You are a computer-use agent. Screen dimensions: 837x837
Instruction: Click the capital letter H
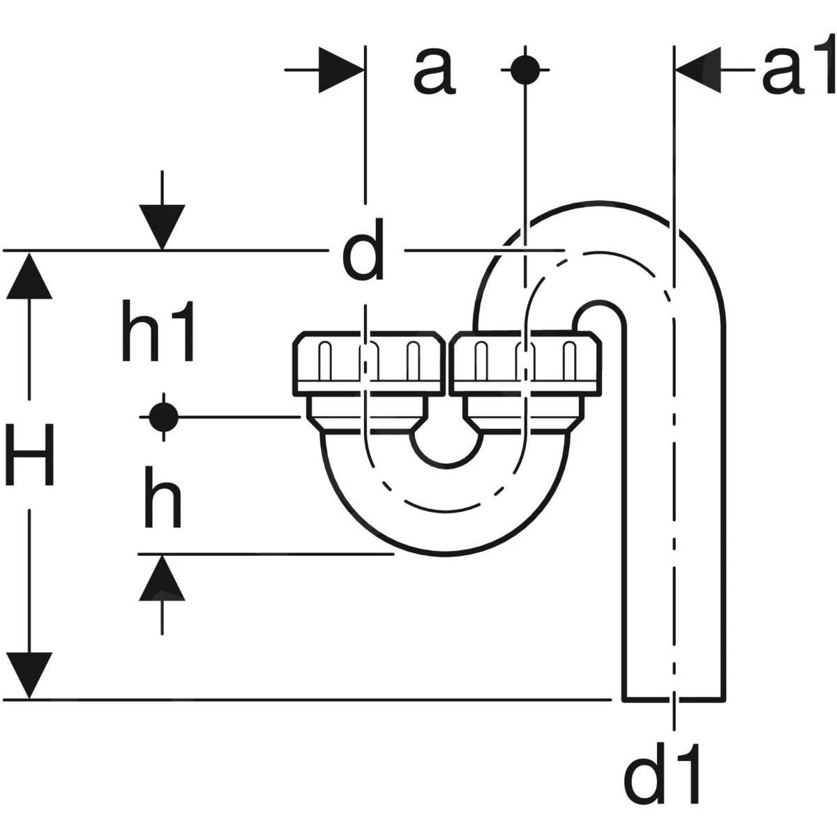tap(29, 455)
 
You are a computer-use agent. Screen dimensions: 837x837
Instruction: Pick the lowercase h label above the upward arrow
tap(162, 497)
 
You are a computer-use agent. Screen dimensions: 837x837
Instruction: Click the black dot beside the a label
tap(525, 70)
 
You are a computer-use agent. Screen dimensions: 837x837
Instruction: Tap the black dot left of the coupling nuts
tap(163, 417)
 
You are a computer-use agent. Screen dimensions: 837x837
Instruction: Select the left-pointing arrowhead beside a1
tap(698, 70)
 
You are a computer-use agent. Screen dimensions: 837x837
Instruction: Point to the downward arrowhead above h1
tap(162, 227)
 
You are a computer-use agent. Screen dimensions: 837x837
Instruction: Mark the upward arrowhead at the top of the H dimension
tap(29, 276)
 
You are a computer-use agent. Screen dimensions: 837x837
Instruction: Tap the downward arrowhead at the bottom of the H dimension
tap(29, 674)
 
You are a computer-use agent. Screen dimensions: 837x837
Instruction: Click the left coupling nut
tap(368, 361)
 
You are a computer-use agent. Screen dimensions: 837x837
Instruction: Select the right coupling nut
tap(525, 361)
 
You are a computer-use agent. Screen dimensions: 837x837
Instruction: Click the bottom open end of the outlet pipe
tap(674, 697)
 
